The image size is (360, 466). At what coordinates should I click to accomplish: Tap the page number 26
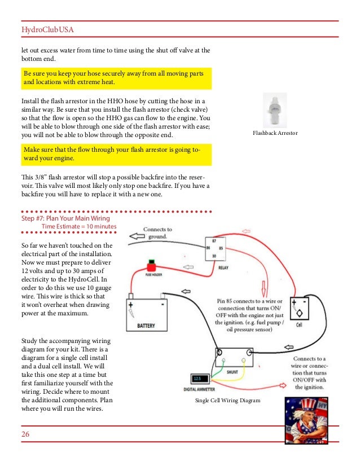click(x=25, y=434)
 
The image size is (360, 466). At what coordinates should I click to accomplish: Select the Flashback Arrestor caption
click(x=275, y=133)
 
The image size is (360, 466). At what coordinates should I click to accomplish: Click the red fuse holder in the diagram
click(x=151, y=267)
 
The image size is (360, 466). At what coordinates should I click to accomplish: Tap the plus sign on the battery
click(x=131, y=305)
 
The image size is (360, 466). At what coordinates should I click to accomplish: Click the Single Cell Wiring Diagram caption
click(x=227, y=401)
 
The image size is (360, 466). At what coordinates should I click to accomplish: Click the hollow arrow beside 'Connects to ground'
click(x=134, y=235)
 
